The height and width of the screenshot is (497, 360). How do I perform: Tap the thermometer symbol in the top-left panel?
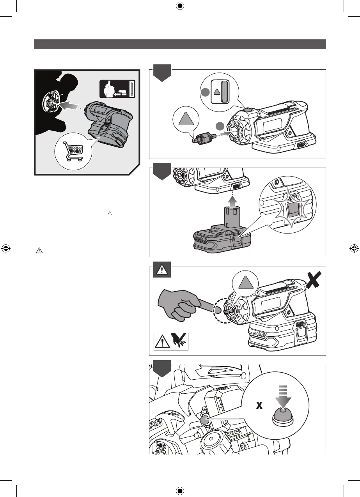132,89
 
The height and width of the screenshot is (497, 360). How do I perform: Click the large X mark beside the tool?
313,280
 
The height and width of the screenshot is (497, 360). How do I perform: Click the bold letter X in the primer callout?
259,406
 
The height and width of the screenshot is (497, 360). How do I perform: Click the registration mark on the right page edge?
354,248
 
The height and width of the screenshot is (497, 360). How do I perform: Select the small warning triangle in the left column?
38,252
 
